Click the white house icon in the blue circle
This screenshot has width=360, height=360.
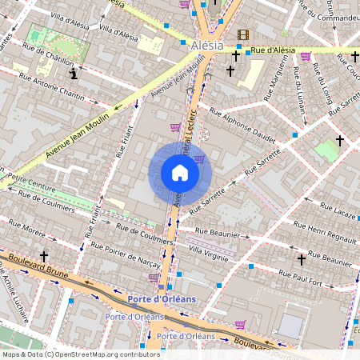click(180, 173)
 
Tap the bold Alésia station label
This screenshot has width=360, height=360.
click(207, 46)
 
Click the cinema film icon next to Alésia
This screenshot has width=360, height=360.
click(243, 34)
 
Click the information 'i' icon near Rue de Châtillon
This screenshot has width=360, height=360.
click(74, 74)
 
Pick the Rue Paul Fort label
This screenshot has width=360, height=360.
click(304, 278)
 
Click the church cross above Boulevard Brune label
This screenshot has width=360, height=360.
click(44, 255)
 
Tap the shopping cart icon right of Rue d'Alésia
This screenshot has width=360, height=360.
click(306, 55)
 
